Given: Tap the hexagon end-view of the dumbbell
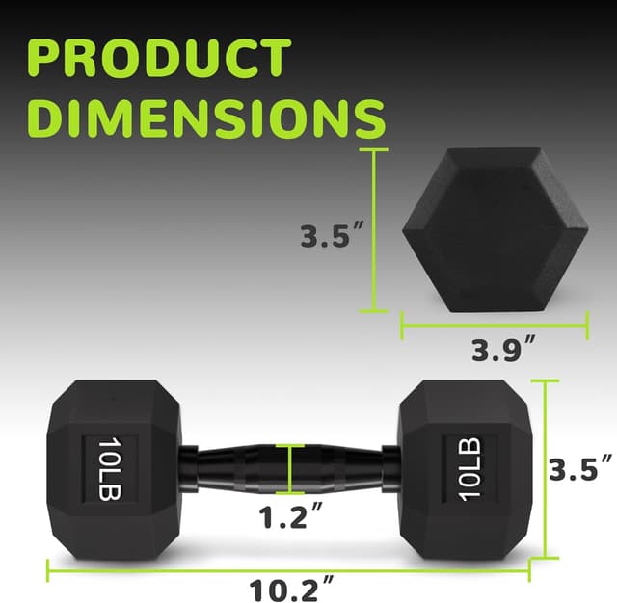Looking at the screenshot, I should pos(494,228).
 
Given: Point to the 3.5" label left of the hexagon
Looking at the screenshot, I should pos(329,236).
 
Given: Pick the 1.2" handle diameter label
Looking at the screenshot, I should pos(290,517).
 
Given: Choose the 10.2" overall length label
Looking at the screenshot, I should pos(290,587).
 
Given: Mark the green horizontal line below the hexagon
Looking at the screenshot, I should pos(494,325).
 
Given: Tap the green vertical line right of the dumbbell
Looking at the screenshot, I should pos(547,469).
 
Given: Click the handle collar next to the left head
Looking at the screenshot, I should pos(190,469).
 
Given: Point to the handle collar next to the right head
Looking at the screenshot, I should pos(389,469).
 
